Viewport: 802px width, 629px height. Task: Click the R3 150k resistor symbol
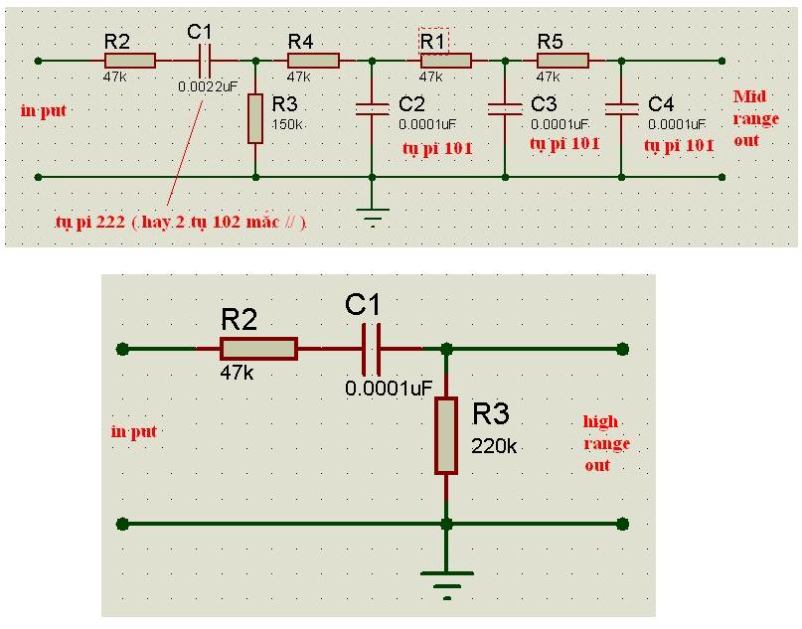256,118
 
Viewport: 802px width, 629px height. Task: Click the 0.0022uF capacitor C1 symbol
205,61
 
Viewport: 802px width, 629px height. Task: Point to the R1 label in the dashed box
433,41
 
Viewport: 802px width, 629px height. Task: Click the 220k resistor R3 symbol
446,435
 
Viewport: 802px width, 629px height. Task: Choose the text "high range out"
605,443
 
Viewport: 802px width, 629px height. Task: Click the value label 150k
286,124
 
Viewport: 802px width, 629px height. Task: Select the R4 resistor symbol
313,61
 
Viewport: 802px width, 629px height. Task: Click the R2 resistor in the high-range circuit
258,348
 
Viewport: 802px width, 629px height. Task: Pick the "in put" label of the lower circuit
134,431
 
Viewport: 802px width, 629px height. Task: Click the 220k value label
495,446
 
